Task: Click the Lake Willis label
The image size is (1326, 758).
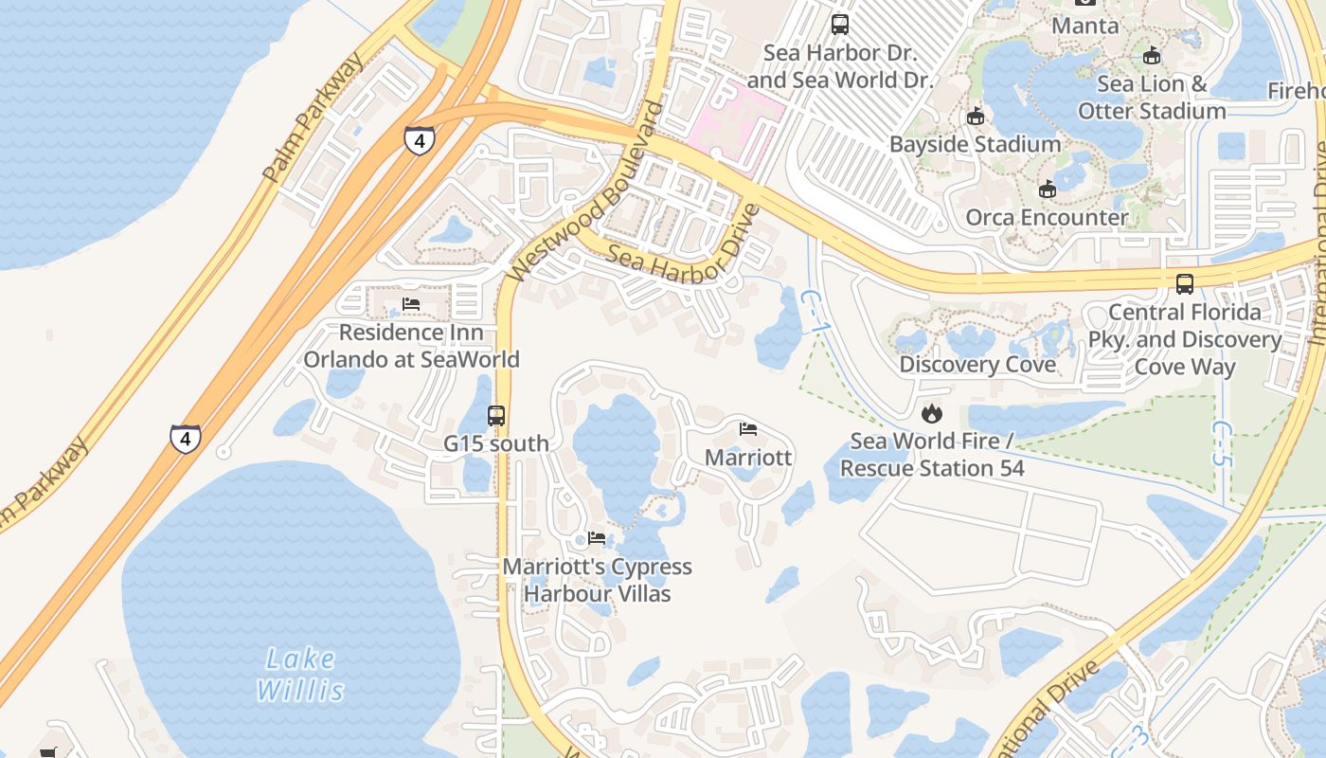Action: [300, 674]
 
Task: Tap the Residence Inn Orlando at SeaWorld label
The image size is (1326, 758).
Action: [411, 346]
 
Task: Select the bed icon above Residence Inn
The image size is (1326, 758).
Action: [411, 304]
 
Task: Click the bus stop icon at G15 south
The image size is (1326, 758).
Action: [496, 415]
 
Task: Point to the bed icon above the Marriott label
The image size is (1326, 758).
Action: [748, 428]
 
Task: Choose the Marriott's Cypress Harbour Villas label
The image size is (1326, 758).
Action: [598, 580]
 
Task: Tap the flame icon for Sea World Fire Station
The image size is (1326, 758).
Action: [932, 413]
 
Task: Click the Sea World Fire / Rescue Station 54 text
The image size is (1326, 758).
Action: [932, 454]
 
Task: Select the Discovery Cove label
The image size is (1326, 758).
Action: [977, 365]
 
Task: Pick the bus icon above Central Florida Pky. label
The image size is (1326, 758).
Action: [1185, 283]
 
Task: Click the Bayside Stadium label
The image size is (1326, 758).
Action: [975, 144]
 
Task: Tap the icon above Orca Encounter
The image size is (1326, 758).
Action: [1047, 189]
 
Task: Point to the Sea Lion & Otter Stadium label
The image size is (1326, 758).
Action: [1152, 98]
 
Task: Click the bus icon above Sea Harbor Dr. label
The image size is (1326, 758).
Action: [840, 25]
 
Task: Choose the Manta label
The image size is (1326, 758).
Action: [1085, 26]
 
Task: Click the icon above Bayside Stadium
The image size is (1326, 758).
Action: [976, 117]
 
